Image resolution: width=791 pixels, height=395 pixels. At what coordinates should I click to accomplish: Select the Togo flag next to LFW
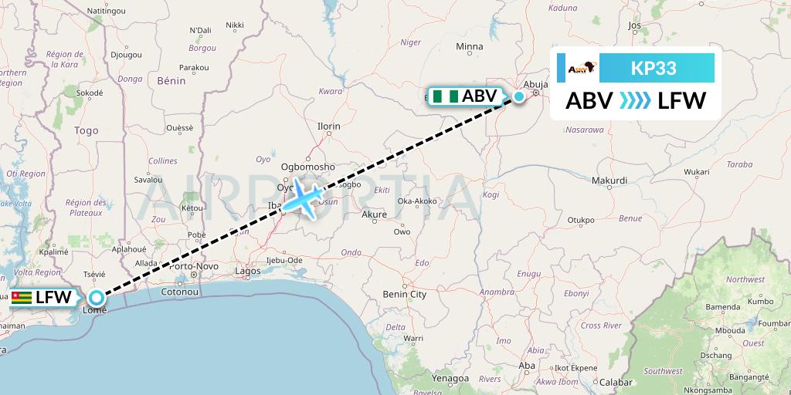pos(21,298)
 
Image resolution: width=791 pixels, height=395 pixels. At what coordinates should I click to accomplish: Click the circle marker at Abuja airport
pos(519,96)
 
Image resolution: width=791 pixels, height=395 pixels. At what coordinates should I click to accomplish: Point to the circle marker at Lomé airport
pos(96,297)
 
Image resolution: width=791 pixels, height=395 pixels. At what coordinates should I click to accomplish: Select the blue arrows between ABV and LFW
pos(636,100)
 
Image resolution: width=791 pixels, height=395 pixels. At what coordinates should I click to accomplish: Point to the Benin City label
pos(405,294)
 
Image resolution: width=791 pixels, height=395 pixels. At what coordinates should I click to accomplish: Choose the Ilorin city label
pos(328,125)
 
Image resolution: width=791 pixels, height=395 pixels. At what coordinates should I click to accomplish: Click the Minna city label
pos(469,47)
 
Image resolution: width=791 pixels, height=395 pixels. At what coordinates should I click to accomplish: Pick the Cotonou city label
pos(180,292)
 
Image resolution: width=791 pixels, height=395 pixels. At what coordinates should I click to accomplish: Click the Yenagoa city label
pos(450,378)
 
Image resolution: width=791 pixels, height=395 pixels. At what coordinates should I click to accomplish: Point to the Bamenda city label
pos(722,306)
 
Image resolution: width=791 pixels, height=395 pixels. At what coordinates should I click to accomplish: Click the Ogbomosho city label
pos(307,166)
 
